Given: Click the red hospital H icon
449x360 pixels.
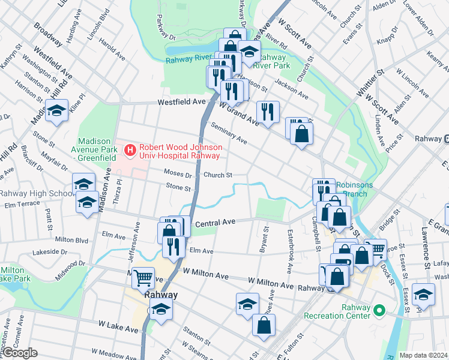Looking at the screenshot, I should click(x=129, y=149).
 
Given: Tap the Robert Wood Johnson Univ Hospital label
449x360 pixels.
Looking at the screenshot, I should click(x=181, y=151).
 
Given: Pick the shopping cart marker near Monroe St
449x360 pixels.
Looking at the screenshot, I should click(x=375, y=248).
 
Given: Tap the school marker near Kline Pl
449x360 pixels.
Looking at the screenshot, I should click(x=57, y=111).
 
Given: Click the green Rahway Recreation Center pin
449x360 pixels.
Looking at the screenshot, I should click(x=379, y=310).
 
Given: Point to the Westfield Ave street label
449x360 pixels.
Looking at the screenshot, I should click(x=181, y=103).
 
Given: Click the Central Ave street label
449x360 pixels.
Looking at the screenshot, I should click(x=214, y=223).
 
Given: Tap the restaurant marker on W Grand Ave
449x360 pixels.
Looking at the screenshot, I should click(x=267, y=112).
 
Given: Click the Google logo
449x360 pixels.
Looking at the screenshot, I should click(x=20, y=353).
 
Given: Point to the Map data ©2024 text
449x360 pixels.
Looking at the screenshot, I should click(x=423, y=355).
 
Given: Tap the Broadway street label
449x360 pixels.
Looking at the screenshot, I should click(x=47, y=35).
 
